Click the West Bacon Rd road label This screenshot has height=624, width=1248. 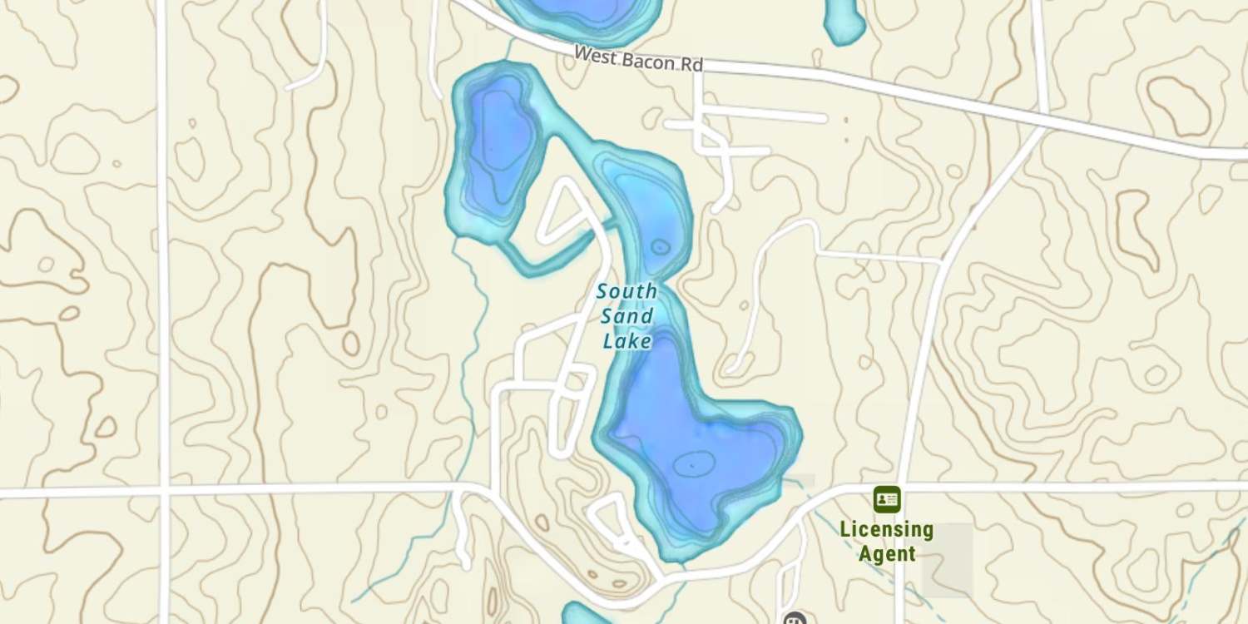(x=639, y=58)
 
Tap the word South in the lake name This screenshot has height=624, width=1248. (x=626, y=292)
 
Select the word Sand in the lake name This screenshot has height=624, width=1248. (x=626, y=316)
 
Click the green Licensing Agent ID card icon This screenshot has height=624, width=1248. (x=887, y=499)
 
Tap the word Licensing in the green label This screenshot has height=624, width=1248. (x=887, y=529)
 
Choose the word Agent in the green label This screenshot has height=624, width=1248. (x=887, y=553)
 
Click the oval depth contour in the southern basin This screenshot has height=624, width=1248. (x=694, y=463)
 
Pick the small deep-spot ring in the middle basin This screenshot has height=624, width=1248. (x=660, y=246)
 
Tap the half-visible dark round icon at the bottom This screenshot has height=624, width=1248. (x=795, y=618)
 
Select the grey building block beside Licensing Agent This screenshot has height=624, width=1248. (x=947, y=559)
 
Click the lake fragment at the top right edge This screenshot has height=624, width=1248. (x=844, y=21)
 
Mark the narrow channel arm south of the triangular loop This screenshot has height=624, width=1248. (x=549, y=262)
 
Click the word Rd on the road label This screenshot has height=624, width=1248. (x=691, y=63)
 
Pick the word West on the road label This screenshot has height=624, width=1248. (x=593, y=53)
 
